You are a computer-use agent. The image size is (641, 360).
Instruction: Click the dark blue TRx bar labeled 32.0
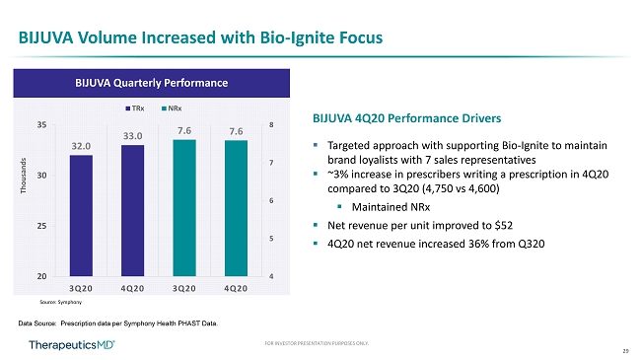(81, 216)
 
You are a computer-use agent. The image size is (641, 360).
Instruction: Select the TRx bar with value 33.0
(132, 211)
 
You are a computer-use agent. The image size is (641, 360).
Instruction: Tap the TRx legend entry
(135, 108)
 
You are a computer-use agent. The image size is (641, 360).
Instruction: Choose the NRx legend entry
(172, 108)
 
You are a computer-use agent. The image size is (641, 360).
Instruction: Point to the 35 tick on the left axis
(41, 125)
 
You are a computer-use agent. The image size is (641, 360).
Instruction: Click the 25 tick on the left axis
(41, 226)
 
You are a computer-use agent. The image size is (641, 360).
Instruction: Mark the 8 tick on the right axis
(271, 125)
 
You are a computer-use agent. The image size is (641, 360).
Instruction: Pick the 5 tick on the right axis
(271, 239)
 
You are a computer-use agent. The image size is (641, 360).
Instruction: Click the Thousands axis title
(24, 176)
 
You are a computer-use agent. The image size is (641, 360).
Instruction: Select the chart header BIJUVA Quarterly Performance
(152, 83)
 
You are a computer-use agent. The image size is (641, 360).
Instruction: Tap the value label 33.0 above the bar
(133, 136)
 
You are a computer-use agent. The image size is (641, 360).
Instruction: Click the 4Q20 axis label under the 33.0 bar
(132, 288)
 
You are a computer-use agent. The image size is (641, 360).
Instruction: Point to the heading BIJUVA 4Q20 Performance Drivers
(406, 118)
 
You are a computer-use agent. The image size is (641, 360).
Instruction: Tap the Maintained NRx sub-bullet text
(392, 207)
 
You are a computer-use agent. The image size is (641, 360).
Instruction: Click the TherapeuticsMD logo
(72, 345)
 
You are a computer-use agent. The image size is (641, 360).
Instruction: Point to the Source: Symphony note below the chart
(60, 303)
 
